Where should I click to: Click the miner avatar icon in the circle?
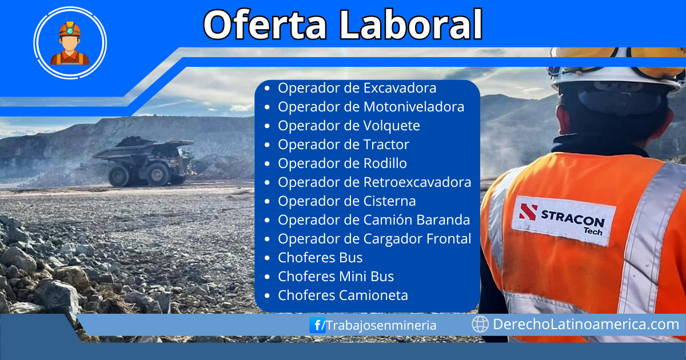(70, 42)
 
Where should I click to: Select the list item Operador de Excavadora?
(357, 88)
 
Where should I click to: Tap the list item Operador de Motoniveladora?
(370, 107)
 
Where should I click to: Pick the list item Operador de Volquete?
(349, 126)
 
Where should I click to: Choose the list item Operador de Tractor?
(343, 145)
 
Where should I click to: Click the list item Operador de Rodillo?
(342, 163)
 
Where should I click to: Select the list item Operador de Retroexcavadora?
(374, 182)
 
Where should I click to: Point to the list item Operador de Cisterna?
(346, 201)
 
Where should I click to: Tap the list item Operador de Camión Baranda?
(374, 220)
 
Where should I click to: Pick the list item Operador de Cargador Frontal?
(374, 239)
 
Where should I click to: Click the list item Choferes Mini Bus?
(336, 277)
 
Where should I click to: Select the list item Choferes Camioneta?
(342, 295)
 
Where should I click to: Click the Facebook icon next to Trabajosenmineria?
(317, 325)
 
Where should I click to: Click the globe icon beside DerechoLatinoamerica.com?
(480, 325)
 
